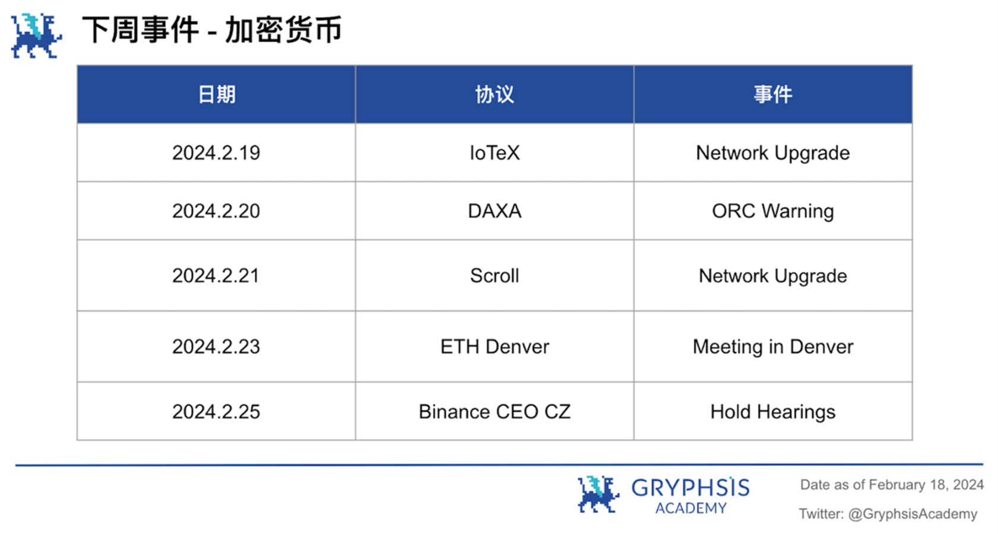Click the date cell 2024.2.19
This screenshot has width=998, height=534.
click(x=216, y=152)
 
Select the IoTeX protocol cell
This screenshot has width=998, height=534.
click(x=494, y=152)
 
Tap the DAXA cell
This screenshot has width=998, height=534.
click(x=494, y=211)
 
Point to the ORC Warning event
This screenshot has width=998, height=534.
click(x=773, y=211)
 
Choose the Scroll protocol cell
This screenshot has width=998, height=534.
click(x=494, y=276)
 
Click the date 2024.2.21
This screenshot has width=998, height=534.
click(x=216, y=276)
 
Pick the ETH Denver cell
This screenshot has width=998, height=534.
click(x=494, y=347)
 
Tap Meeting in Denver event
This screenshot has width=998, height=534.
click(x=773, y=347)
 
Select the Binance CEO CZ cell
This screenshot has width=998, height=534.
click(x=494, y=412)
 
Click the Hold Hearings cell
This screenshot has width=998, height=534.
click(x=773, y=412)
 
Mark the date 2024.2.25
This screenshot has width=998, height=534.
click(x=216, y=412)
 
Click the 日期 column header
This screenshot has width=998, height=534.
click(x=217, y=94)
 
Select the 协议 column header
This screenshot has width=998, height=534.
click(x=494, y=94)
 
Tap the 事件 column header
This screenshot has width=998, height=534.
click(x=773, y=94)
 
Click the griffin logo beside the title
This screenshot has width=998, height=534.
click(x=36, y=36)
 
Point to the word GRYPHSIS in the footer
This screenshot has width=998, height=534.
click(x=690, y=487)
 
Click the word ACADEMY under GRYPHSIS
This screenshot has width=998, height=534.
click(x=691, y=508)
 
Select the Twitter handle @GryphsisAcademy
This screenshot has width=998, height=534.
click(x=913, y=514)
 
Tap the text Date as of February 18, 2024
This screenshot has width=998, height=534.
click(x=892, y=485)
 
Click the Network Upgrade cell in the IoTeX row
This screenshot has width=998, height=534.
click(x=773, y=153)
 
